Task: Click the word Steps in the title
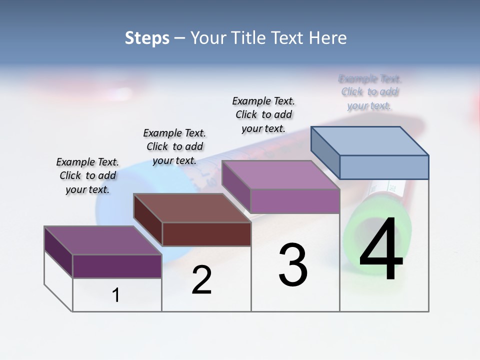tap(147, 38)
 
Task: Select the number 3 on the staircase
tap(293, 265)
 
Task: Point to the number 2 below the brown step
tap(201, 280)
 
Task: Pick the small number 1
tap(116, 295)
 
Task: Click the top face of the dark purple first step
tap(103, 240)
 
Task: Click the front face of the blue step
tap(384, 167)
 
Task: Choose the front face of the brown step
tap(206, 234)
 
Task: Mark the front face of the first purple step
tap(117, 266)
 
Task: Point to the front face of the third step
tap(295, 201)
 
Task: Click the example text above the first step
tap(87, 176)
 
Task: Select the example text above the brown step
tap(174, 147)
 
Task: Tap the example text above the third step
tap(263, 115)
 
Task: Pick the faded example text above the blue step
tap(369, 92)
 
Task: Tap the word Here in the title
tap(329, 38)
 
